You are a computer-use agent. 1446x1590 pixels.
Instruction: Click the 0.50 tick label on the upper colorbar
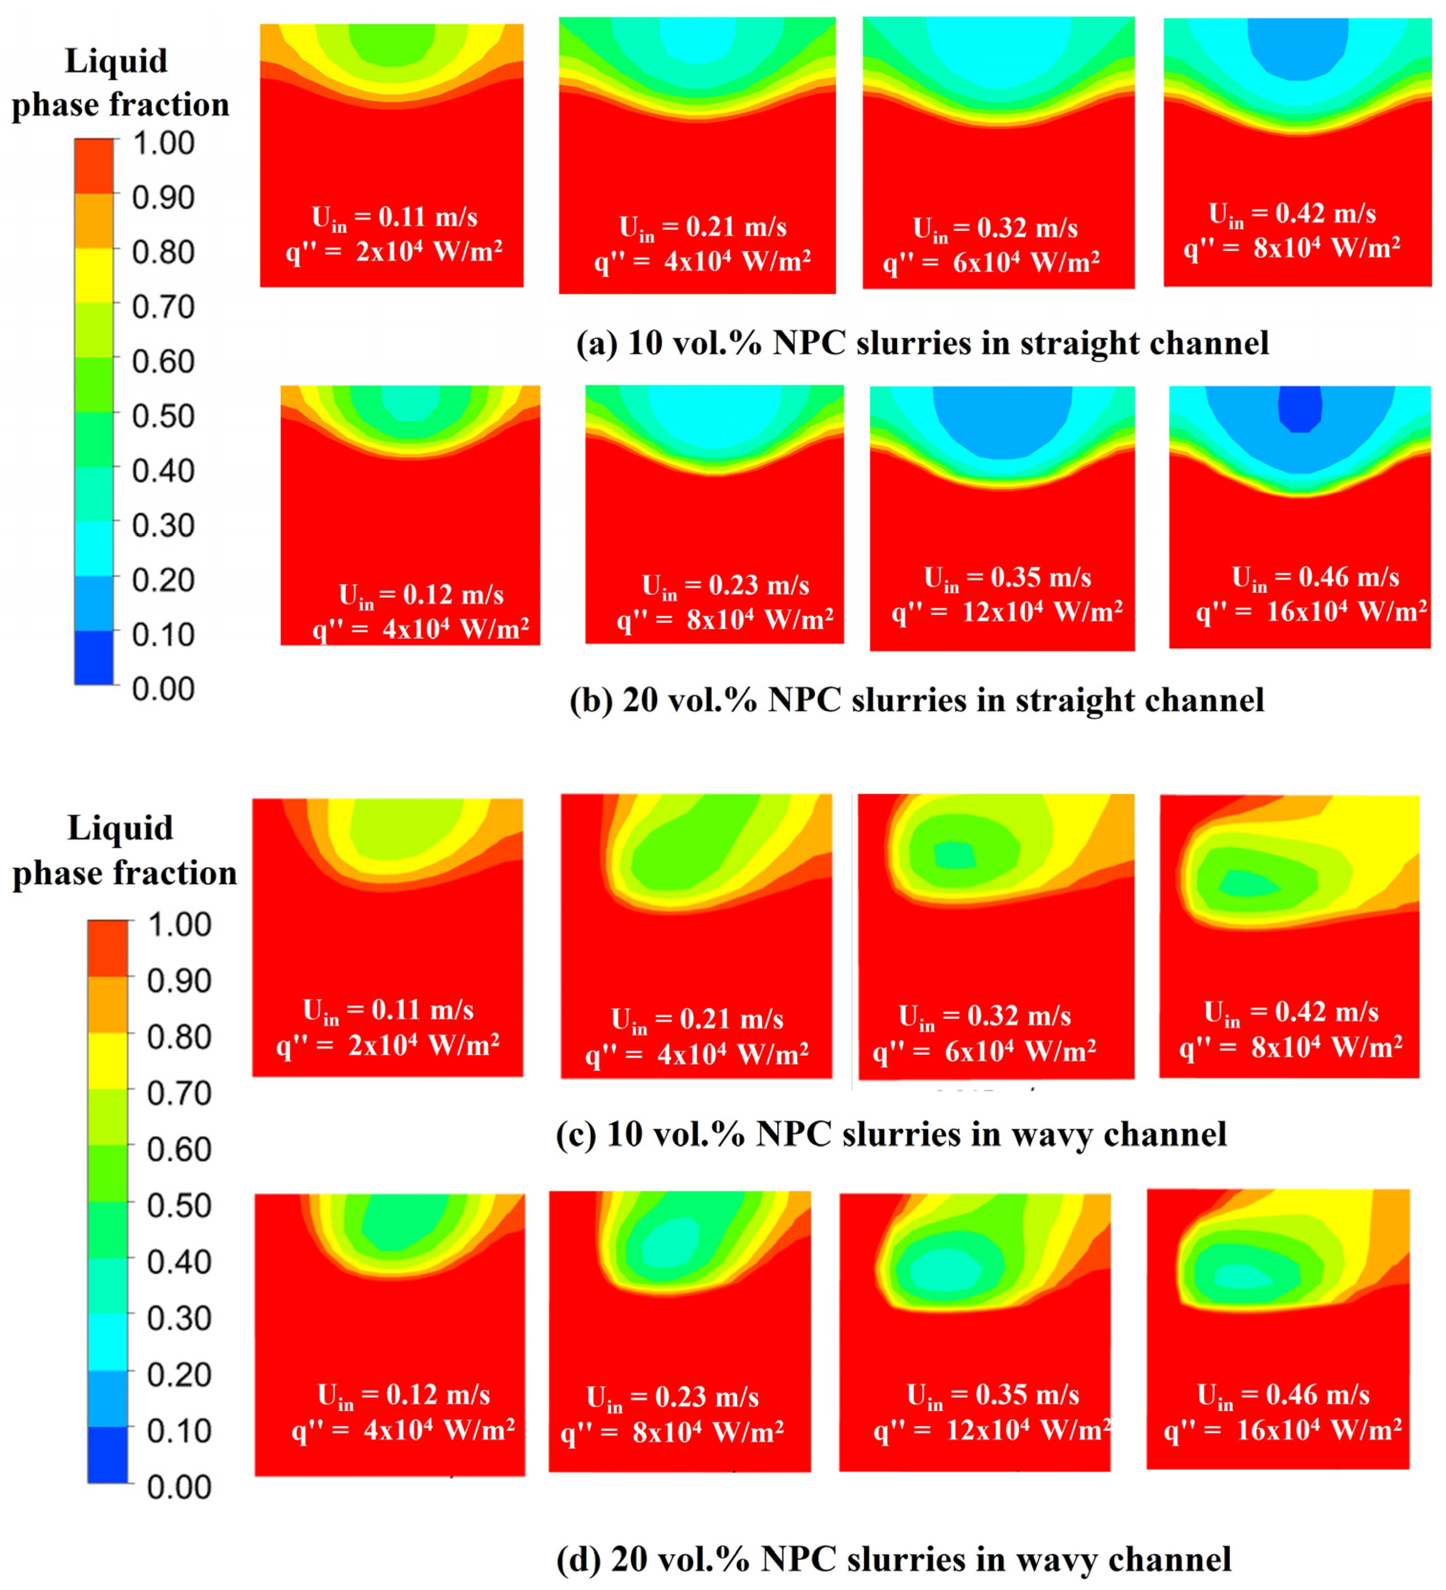163,415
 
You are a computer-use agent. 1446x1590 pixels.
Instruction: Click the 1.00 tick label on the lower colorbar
180,924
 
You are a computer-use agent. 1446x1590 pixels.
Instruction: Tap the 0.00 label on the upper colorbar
163,689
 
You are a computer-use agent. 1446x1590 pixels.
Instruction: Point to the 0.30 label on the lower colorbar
180,1318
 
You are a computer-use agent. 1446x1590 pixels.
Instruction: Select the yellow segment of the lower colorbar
107,1061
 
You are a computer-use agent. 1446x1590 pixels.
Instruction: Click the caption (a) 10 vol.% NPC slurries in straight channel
922,343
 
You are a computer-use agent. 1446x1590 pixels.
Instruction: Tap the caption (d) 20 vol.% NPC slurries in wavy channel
893,1559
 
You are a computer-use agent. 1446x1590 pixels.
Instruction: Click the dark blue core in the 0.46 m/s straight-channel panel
1299,409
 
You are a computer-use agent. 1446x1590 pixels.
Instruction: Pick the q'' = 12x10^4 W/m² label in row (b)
1007,611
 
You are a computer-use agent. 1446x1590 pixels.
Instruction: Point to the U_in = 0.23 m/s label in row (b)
725,585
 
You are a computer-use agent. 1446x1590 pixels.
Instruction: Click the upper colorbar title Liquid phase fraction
120,83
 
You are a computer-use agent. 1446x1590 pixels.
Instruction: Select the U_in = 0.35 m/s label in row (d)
992,1395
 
